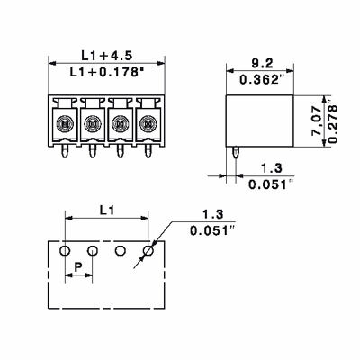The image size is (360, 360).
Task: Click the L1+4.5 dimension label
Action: coord(105,55)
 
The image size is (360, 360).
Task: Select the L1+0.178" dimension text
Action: coord(106,71)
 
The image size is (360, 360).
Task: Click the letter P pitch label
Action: coord(78,268)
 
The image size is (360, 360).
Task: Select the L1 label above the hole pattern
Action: coord(105,210)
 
